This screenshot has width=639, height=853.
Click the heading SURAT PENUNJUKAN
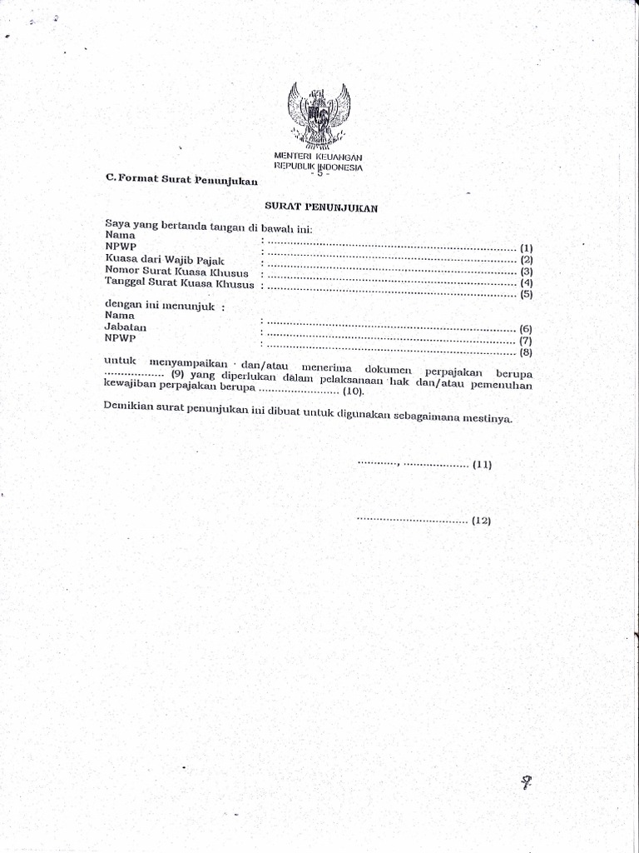click(x=322, y=208)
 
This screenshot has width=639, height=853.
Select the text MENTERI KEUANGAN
click(x=319, y=157)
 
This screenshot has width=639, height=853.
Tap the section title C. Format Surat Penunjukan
click(x=182, y=180)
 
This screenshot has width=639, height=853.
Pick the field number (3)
click(x=526, y=272)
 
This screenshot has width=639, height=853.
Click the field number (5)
click(x=526, y=295)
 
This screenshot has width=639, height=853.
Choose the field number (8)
click(x=525, y=352)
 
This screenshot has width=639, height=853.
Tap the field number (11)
click(x=483, y=465)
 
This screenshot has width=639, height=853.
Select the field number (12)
click(x=482, y=521)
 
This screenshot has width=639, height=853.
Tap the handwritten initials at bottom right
click(x=526, y=782)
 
